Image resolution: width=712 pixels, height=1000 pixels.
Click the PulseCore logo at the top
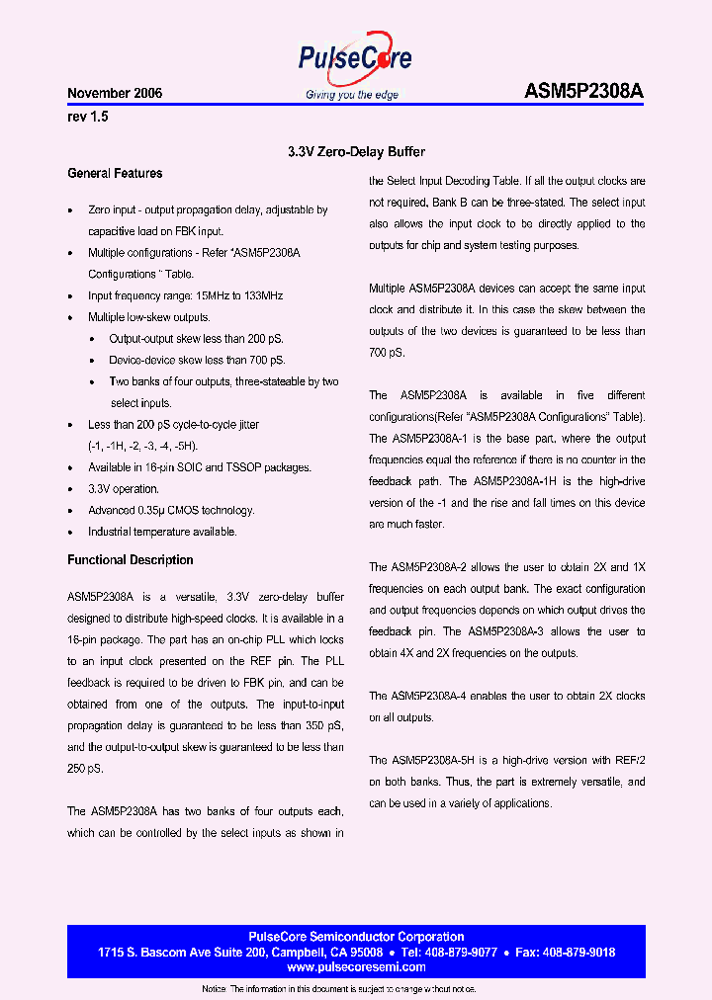[354, 59]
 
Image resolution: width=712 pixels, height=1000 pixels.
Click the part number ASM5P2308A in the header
[583, 92]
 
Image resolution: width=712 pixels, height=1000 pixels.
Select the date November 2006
[115, 94]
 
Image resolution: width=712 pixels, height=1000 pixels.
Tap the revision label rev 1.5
[87, 117]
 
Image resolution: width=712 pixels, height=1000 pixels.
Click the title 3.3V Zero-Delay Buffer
[356, 152]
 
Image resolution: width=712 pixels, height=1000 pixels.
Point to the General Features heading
[115, 174]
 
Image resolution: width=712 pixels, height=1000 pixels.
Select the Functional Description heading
[131, 560]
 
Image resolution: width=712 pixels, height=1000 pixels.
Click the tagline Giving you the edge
[353, 95]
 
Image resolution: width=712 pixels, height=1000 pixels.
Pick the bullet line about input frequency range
[185, 295]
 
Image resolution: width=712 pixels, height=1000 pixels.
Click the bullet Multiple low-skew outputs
[148, 317]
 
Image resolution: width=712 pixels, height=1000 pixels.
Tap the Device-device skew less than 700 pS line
[197, 360]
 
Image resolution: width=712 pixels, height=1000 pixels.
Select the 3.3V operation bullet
[123, 489]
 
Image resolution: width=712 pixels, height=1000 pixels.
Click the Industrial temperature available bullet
[162, 532]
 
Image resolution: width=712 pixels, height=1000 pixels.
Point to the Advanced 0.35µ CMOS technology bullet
[171, 510]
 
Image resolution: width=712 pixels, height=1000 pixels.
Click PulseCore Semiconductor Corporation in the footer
[355, 937]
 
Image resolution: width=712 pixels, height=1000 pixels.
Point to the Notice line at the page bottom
[339, 989]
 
